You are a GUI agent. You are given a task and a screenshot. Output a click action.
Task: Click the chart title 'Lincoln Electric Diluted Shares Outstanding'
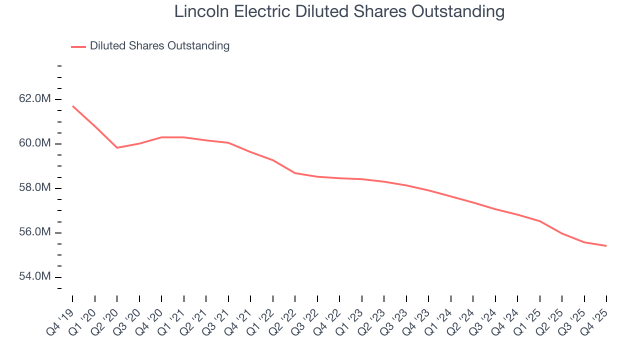[339, 12]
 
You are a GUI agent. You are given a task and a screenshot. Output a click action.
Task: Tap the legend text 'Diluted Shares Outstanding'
[159, 46]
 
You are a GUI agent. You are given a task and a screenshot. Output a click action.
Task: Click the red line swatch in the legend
[78, 46]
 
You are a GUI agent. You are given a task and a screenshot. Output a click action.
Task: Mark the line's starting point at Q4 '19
[72, 106]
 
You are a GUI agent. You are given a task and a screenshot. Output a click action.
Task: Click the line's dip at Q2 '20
[117, 147]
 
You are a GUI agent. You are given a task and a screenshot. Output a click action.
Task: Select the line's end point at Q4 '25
[606, 245]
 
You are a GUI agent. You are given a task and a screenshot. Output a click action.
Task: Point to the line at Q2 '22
[295, 173]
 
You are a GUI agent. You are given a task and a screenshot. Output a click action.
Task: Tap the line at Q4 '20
[161, 137]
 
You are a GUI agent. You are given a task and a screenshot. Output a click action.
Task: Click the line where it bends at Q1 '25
[539, 221]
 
